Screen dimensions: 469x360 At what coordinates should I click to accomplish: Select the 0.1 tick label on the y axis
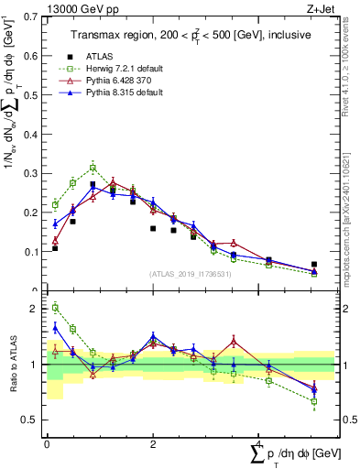coord(30,251)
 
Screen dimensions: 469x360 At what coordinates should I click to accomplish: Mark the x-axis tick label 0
coord(47,444)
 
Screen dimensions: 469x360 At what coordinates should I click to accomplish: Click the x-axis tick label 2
coord(152,444)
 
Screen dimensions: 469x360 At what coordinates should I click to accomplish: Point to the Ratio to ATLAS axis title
coord(12,364)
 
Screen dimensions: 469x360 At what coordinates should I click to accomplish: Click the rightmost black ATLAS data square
coord(314,265)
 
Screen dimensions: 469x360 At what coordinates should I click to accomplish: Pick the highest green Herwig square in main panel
coord(93,168)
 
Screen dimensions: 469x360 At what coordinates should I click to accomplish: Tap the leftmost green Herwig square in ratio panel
coord(55,308)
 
